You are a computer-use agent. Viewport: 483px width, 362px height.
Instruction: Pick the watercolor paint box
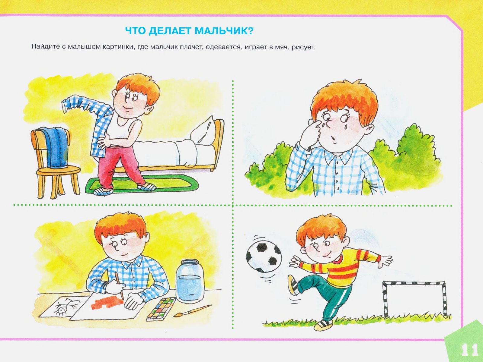pos(161,309)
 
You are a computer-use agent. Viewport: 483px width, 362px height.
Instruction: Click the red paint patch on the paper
pos(107,303)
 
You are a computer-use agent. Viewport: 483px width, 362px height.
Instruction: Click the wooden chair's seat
pos(59,171)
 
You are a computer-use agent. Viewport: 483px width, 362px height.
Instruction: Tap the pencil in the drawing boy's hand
pos(119,285)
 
